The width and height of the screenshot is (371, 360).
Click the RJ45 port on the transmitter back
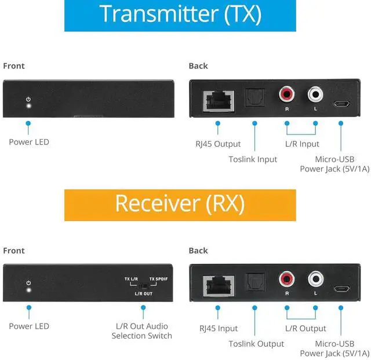click(x=219, y=101)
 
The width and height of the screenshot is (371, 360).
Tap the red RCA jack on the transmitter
click(x=286, y=94)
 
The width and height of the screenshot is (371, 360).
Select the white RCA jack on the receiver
click(x=315, y=279)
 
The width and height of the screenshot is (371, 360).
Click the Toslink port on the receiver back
click(x=254, y=282)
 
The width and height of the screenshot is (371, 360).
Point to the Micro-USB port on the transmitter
click(x=341, y=104)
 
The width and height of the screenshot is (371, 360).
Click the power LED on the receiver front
click(x=29, y=290)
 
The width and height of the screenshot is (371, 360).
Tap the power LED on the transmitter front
click(x=28, y=106)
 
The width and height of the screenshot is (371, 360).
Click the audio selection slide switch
click(x=143, y=286)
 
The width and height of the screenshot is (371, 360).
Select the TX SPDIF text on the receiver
click(x=158, y=279)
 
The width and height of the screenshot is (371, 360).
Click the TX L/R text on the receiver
click(x=131, y=279)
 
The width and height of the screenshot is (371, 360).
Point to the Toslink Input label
click(x=253, y=159)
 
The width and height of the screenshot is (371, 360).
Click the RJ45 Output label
click(x=218, y=144)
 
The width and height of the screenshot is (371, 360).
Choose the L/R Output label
click(x=305, y=328)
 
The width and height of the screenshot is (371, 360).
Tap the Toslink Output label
click(x=256, y=344)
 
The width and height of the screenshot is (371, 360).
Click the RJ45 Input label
click(x=219, y=328)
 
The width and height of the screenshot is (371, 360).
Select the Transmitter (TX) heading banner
click(x=180, y=16)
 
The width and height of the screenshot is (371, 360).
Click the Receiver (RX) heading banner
click(x=180, y=205)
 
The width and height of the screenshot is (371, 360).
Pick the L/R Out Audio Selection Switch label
click(x=141, y=331)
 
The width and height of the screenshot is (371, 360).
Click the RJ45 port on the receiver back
click(x=219, y=286)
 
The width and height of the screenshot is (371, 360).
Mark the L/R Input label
click(x=302, y=144)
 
